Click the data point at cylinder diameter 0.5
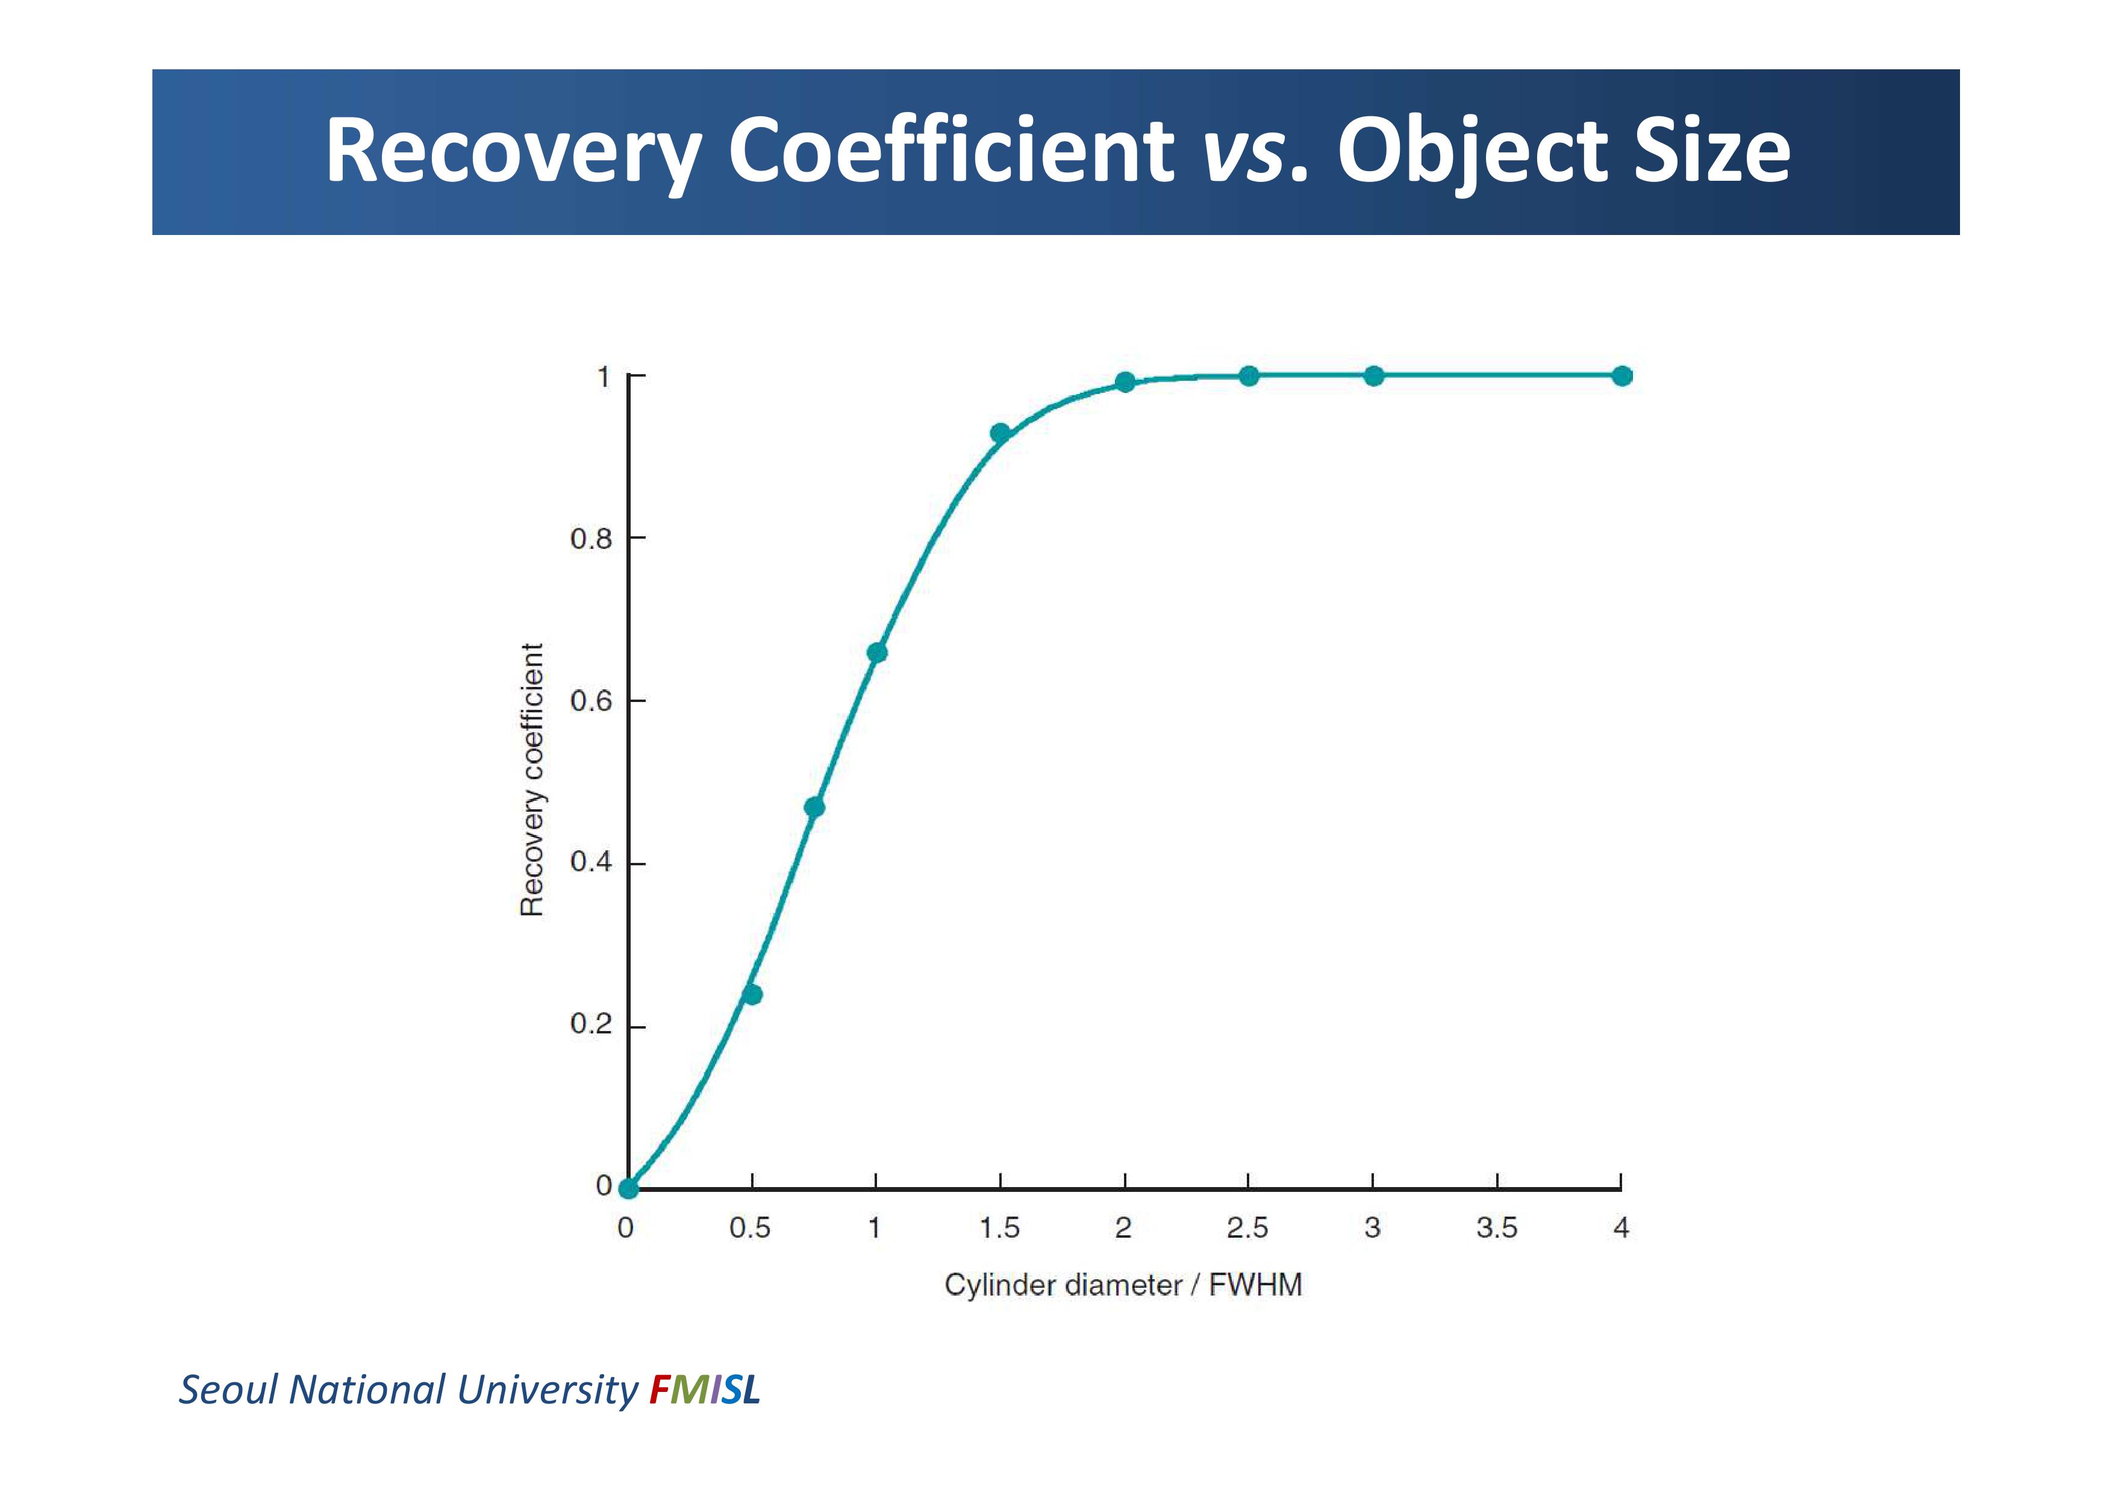click(x=752, y=994)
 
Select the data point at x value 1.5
click(x=1000, y=433)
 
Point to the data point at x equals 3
click(x=1373, y=375)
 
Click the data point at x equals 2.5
click(x=1249, y=375)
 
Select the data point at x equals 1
click(x=877, y=653)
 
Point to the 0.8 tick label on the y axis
click(x=591, y=539)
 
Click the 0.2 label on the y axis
click(x=591, y=1024)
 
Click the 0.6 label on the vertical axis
click(x=591, y=701)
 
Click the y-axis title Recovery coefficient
click(x=532, y=780)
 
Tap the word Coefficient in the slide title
click(x=950, y=150)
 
